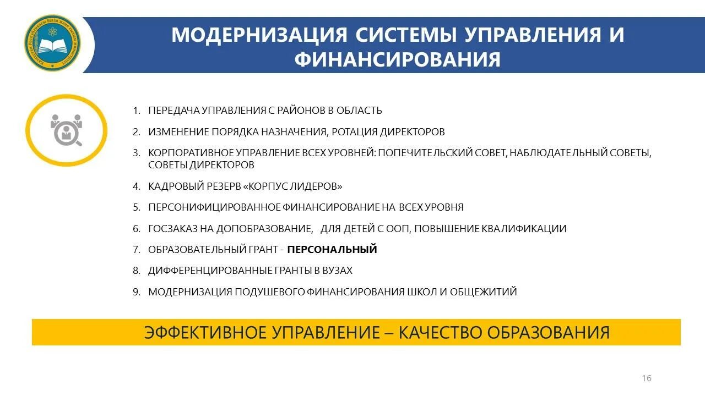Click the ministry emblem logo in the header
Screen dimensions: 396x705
pos(52,43)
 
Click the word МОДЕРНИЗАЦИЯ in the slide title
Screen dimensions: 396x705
pos(259,34)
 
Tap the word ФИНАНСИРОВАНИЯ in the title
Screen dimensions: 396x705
pos(397,59)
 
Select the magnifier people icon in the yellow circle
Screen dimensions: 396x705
pos(66,130)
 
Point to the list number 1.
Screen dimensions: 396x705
pos(136,111)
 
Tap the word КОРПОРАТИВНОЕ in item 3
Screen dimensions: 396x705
pos(186,153)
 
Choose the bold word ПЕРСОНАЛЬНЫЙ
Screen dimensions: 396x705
pos(332,250)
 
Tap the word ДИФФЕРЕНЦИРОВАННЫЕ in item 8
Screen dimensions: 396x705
pos(210,271)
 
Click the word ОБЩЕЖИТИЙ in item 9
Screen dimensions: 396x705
pos(483,292)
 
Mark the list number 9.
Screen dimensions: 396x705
pos(136,292)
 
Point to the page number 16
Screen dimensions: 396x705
pos(647,378)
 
